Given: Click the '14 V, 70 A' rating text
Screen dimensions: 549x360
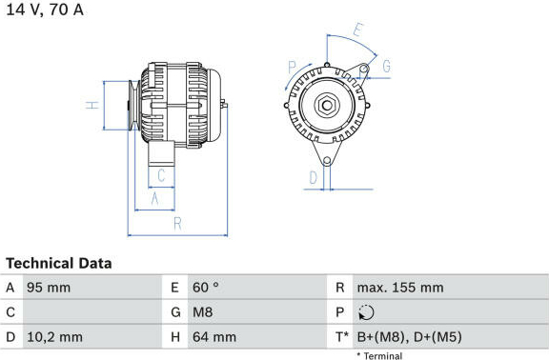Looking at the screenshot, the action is click(x=45, y=10).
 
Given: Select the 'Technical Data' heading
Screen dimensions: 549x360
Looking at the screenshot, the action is click(x=59, y=264).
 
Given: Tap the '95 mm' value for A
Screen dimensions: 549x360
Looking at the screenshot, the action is click(x=49, y=288).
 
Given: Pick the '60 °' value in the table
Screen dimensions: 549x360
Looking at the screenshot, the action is click(x=206, y=288).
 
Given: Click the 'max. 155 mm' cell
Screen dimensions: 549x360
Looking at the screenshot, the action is click(x=400, y=288).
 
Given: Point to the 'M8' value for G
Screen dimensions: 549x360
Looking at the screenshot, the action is click(x=202, y=312).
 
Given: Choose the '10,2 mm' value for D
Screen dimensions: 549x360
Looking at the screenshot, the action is click(x=54, y=337).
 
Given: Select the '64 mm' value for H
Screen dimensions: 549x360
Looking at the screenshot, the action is click(x=214, y=337).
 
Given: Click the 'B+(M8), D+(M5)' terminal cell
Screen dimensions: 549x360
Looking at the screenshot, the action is click(x=409, y=337).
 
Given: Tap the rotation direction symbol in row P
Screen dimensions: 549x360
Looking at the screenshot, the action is click(x=366, y=312).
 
